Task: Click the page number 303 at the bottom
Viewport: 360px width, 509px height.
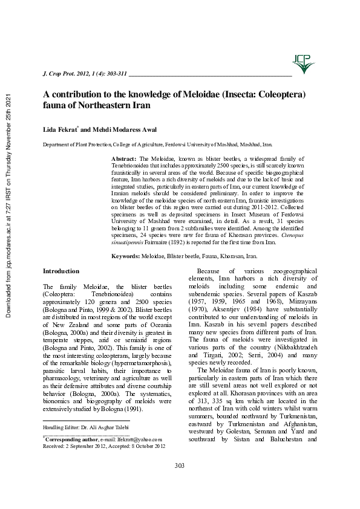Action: tap(180, 481)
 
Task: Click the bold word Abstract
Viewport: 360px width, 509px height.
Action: tap(123, 157)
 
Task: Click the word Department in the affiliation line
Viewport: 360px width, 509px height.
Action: tap(56, 145)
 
